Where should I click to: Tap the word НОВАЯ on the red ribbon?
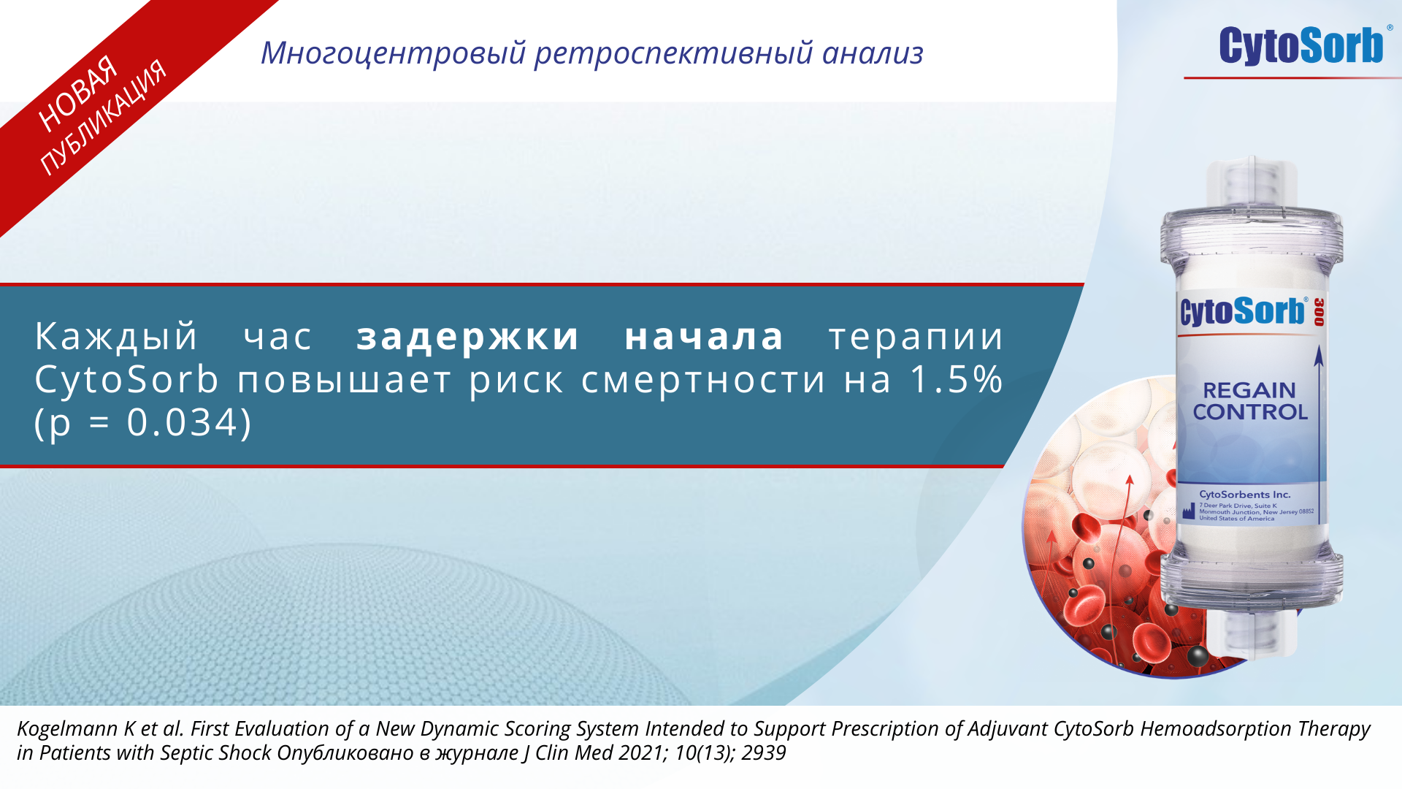point(78,94)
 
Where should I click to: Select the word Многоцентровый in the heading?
point(394,53)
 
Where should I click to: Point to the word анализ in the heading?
point(873,53)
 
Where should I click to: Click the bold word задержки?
point(468,337)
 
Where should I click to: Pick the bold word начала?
point(705,337)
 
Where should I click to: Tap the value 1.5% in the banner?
point(957,379)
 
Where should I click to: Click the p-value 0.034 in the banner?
point(184,422)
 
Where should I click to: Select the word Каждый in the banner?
point(116,337)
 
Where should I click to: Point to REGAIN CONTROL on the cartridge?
point(1249,401)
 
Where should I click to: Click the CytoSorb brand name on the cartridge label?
point(1243,311)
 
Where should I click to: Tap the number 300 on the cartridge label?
point(1319,312)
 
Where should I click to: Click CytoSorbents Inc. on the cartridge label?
point(1245,495)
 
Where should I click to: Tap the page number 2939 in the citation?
point(763,753)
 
